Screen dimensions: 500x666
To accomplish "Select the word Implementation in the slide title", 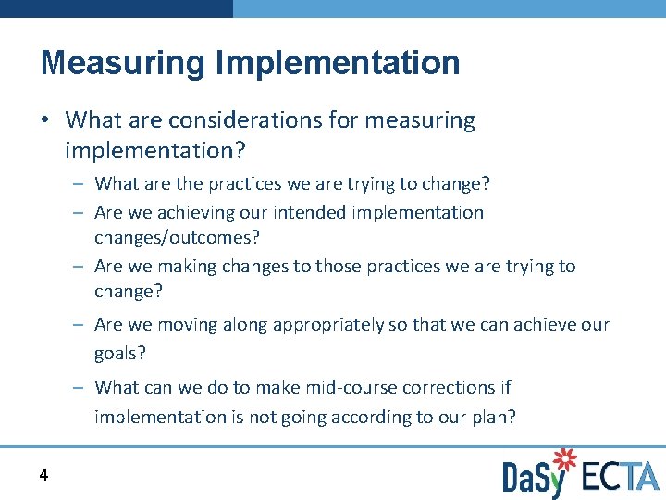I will coord(338,63).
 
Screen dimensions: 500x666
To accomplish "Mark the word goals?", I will coord(120,354).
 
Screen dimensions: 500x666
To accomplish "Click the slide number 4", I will coord(43,475).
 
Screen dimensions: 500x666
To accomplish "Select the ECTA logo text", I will coord(619,476).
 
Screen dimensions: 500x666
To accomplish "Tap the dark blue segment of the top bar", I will coord(116,7).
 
